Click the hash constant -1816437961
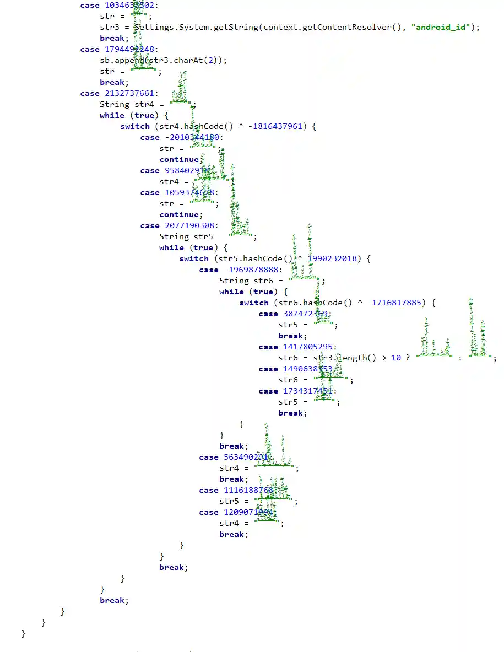click(x=275, y=126)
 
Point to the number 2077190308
click(x=191, y=225)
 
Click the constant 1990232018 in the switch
click(x=332, y=258)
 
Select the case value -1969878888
click(x=251, y=270)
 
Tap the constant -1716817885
click(x=394, y=303)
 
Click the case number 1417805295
click(x=308, y=347)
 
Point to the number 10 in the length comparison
click(x=396, y=358)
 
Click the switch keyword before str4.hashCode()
click(x=134, y=126)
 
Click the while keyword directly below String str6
click(x=231, y=292)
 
